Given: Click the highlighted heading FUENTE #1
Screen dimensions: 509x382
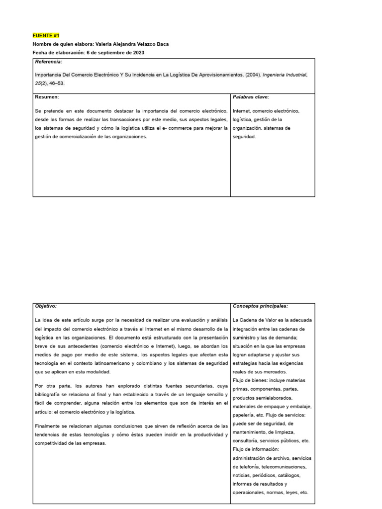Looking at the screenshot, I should (46, 36).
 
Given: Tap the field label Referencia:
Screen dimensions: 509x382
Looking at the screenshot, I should (48, 62).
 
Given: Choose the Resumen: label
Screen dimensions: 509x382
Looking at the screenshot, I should (47, 97).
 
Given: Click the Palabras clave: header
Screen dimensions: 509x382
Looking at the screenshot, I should (251, 97).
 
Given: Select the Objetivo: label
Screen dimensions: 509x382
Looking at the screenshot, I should (46, 306).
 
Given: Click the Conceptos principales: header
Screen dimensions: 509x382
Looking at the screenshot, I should (260, 306).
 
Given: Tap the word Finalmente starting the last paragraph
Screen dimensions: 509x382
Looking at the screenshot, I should (49, 426).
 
